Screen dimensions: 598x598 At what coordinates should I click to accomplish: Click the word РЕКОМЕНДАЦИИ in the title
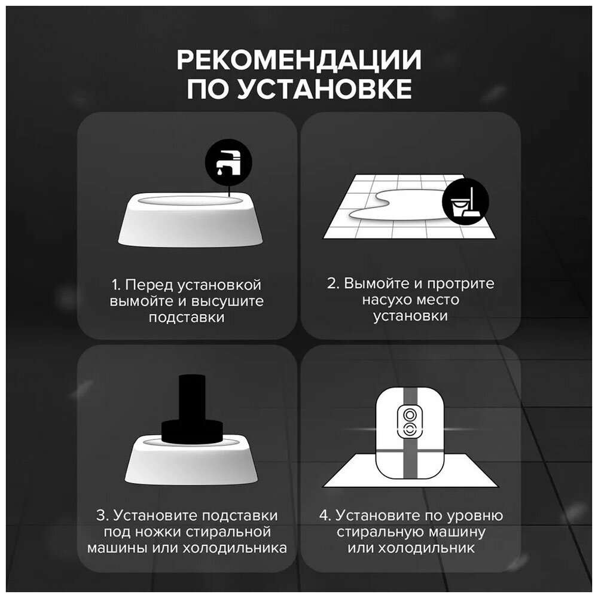pyautogui.click(x=299, y=60)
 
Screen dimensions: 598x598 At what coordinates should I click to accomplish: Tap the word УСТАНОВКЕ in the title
pyautogui.click(x=324, y=89)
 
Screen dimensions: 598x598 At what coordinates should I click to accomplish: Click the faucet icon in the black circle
pyautogui.click(x=228, y=161)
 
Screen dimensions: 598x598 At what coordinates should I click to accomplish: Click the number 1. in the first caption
pyautogui.click(x=117, y=285)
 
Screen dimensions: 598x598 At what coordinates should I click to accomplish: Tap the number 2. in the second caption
pyautogui.click(x=333, y=283)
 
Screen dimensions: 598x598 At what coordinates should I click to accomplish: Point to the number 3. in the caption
pyautogui.click(x=103, y=515)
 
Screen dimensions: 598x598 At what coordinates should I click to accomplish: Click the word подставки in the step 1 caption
pyautogui.click(x=187, y=318)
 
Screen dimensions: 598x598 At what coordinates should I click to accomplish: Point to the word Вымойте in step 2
pyautogui.click(x=376, y=283)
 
